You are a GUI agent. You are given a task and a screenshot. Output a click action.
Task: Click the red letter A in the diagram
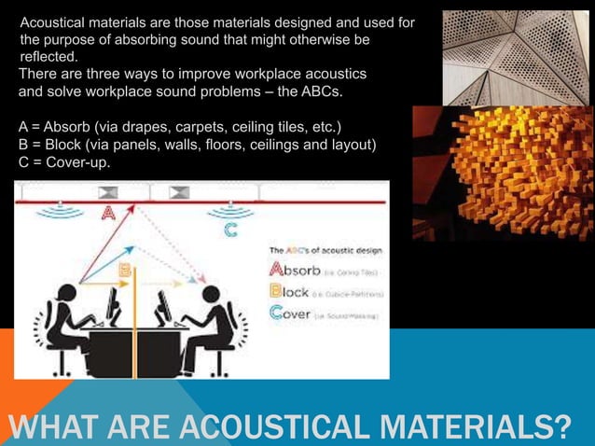point(108,212)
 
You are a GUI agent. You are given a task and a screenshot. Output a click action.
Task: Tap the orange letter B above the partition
point(125,270)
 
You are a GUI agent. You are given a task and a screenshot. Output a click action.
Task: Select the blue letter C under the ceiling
point(228,229)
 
